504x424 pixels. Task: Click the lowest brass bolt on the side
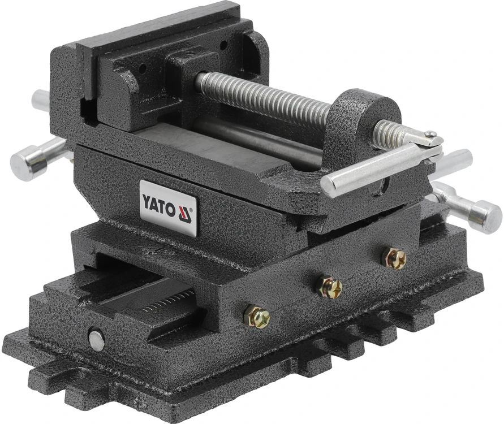point(257,317)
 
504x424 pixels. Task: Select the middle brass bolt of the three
point(329,287)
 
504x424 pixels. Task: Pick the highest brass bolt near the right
point(394,258)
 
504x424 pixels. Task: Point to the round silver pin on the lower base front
point(97,340)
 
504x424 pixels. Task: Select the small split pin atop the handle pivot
point(430,133)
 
